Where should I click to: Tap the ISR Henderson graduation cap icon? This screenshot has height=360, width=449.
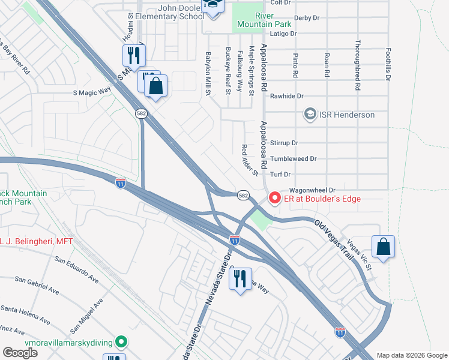(310, 115)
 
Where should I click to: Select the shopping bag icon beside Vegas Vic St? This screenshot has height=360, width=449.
(382, 247)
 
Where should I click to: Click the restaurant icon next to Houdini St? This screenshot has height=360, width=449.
(133, 55)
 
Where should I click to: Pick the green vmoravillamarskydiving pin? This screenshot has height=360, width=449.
(121, 343)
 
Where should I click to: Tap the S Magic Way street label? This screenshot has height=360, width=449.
(92, 92)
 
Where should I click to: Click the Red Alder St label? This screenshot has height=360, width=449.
(249, 160)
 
